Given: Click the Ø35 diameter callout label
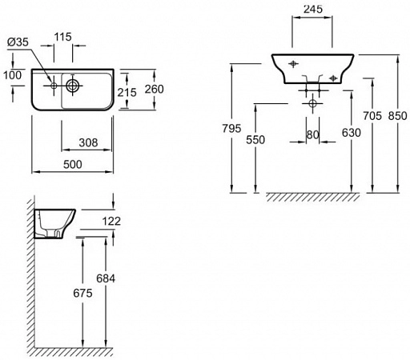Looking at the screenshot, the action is (18, 42).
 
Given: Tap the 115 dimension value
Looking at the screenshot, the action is (63, 37).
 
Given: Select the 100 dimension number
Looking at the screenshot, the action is (13, 75).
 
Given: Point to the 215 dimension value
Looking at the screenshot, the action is (127, 93).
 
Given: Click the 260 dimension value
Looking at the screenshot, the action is (155, 89).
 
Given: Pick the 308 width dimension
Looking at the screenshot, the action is (88, 142).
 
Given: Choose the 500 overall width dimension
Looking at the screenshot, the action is (73, 165).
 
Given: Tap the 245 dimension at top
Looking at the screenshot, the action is (313, 10).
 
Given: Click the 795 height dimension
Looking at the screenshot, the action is (231, 129).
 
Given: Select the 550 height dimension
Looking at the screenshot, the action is (255, 140).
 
